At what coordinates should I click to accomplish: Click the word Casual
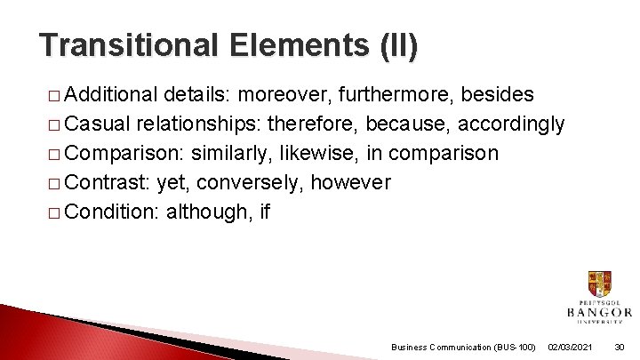click(x=97, y=124)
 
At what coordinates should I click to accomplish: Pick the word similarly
click(x=230, y=154)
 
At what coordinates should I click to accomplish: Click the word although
click(x=205, y=212)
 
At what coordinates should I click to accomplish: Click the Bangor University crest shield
click(x=599, y=284)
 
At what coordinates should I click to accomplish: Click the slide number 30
click(x=620, y=347)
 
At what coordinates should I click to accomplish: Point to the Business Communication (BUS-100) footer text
click(x=463, y=347)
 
